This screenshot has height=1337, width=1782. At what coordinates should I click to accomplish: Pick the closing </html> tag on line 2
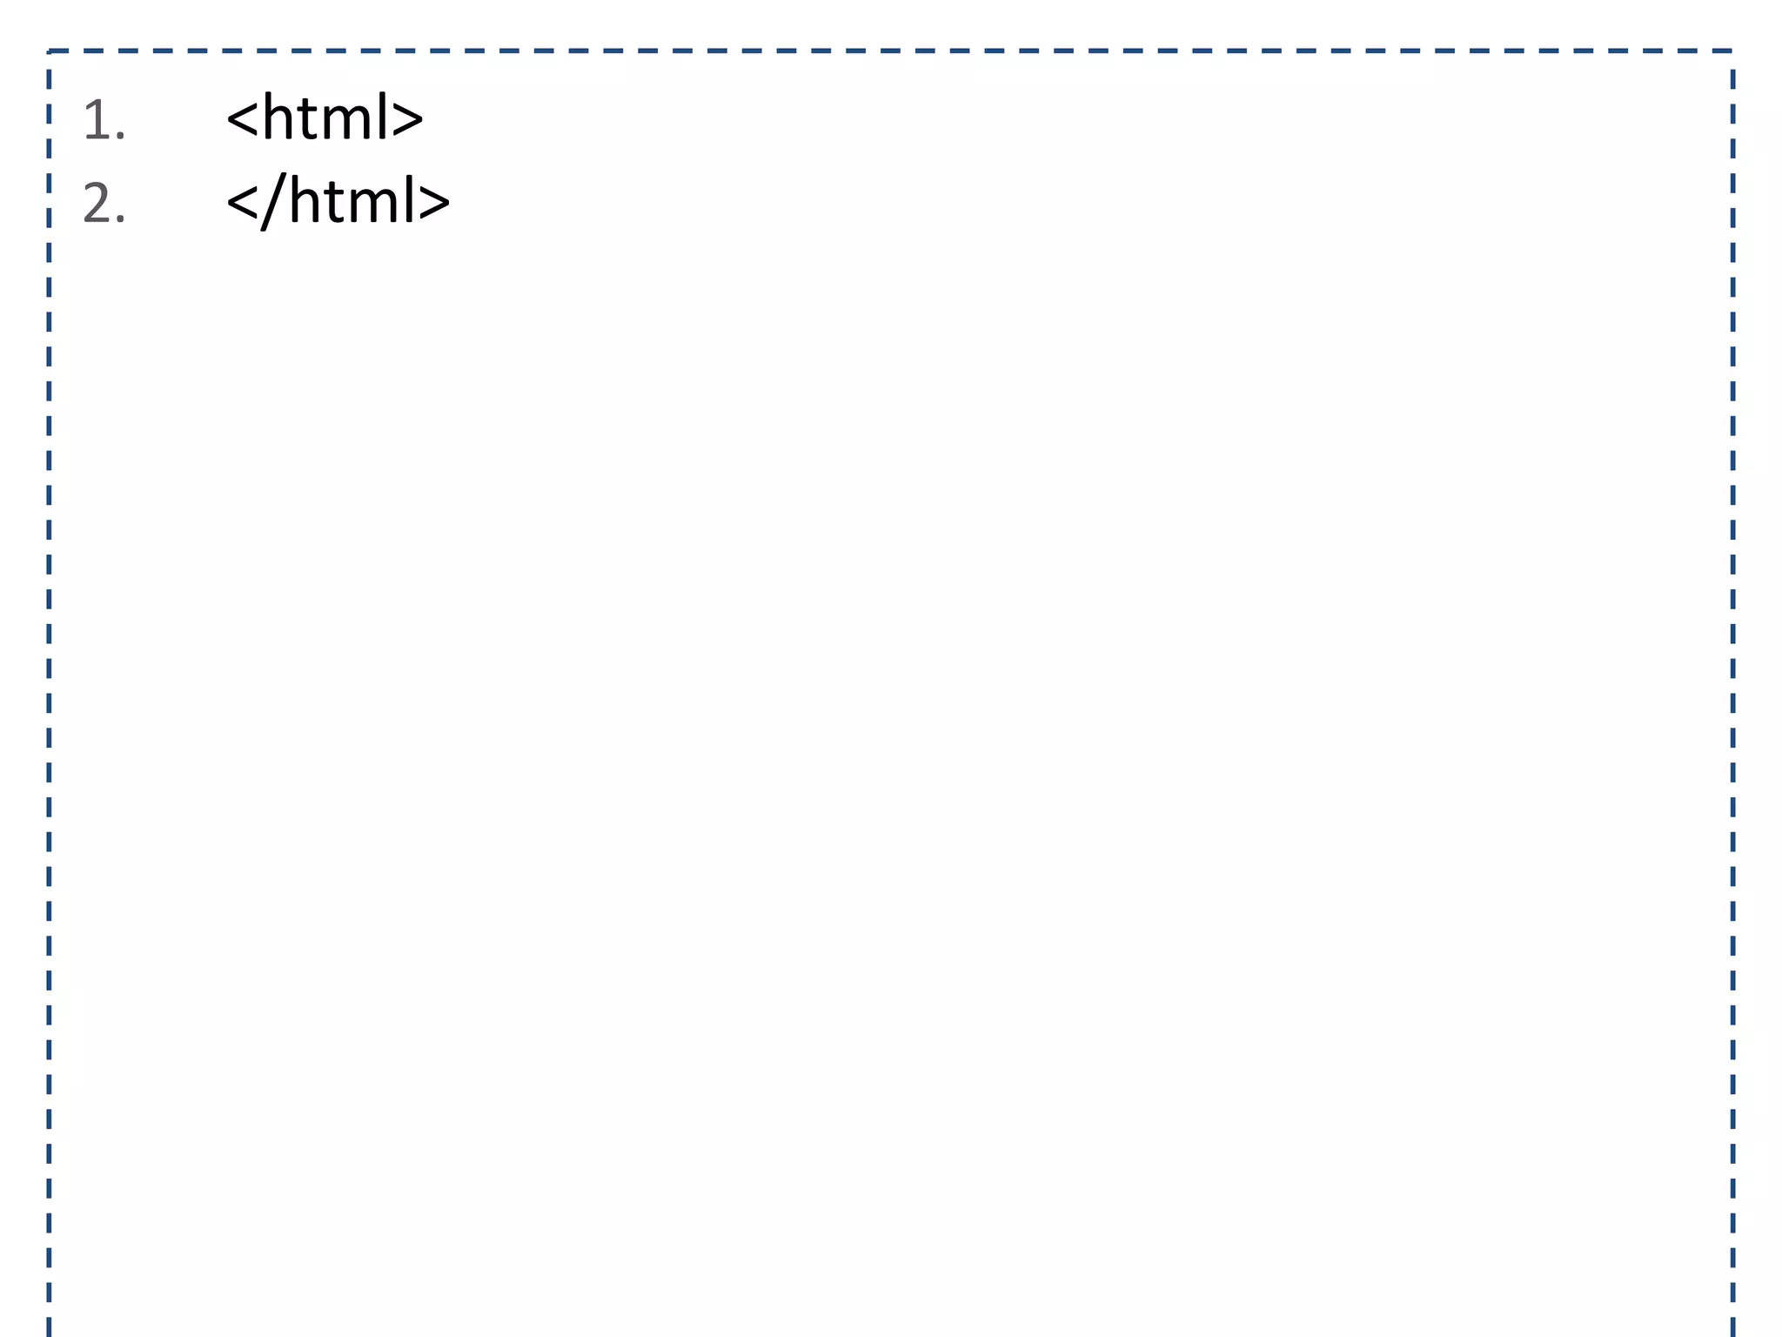[338, 202]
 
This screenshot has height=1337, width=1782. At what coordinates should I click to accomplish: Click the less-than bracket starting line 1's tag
[242, 119]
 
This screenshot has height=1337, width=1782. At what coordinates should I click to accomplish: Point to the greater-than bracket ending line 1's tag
[407, 119]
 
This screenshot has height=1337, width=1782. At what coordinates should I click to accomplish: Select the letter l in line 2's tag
[409, 200]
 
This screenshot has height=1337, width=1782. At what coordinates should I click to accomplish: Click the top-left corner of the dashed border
[49, 51]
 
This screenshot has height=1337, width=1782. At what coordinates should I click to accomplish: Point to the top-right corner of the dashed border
[1732, 51]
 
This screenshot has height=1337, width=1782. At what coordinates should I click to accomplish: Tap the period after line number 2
[121, 222]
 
